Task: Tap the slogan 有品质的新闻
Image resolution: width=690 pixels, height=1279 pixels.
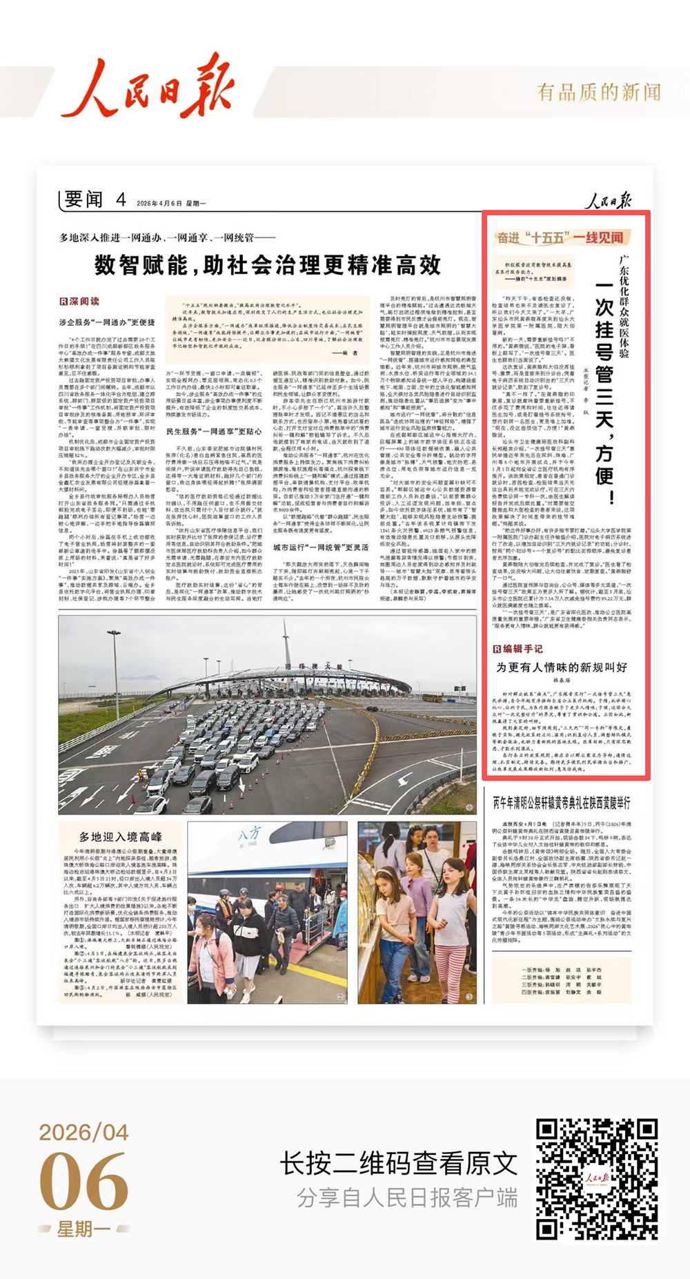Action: (599, 92)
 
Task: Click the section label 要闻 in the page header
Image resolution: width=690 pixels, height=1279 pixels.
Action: (83, 200)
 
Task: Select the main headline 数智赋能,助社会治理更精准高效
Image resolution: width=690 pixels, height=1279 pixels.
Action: (268, 264)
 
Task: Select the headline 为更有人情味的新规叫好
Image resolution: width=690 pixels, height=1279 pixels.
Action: (562, 667)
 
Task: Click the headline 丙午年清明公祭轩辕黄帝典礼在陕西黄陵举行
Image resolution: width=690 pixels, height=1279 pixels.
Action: (561, 802)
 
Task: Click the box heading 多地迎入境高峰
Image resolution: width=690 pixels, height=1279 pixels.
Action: (120, 837)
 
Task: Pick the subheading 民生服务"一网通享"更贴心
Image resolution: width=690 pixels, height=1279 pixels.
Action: (214, 431)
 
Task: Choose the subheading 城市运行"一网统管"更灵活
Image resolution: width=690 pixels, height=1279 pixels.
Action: (320, 547)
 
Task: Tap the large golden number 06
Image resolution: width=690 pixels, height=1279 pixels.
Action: (83, 1182)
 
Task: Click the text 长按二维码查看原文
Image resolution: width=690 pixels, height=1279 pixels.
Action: (398, 1164)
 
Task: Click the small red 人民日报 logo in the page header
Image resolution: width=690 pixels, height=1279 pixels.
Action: (609, 201)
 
